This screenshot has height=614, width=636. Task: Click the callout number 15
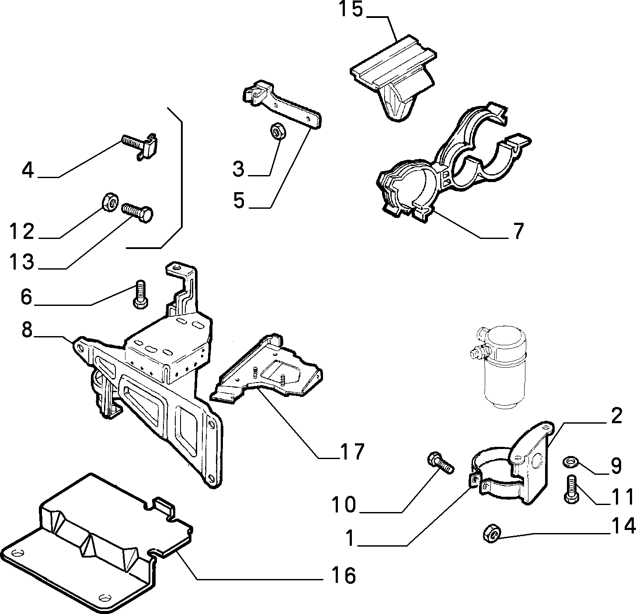(x=351, y=9)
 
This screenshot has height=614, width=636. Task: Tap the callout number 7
(x=518, y=231)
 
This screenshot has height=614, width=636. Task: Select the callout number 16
(x=344, y=575)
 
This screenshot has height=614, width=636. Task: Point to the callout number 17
(x=352, y=452)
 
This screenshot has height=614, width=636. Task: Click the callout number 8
(x=27, y=329)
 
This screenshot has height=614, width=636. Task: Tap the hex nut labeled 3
(x=278, y=131)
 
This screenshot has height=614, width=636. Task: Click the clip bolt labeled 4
(x=140, y=146)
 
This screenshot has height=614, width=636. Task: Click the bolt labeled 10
(x=440, y=462)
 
